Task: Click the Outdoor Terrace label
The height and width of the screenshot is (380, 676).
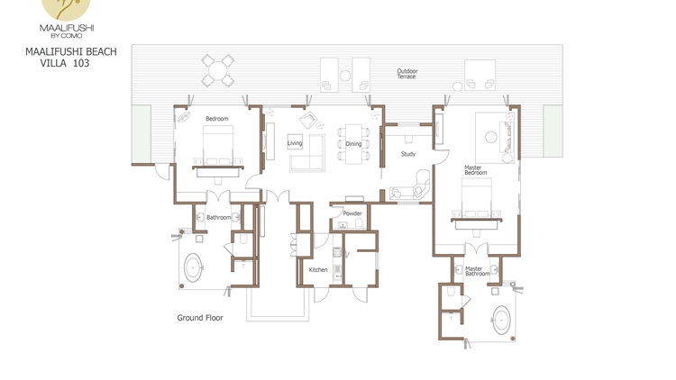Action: pyautogui.click(x=407, y=74)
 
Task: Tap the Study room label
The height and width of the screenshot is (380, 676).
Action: pyautogui.click(x=407, y=154)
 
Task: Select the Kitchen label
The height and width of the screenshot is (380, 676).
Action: pyautogui.click(x=318, y=270)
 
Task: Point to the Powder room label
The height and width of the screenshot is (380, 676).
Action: pyautogui.click(x=352, y=213)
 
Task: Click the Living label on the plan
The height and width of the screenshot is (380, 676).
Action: pyautogui.click(x=295, y=143)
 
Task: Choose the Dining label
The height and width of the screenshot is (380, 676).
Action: pyautogui.click(x=353, y=144)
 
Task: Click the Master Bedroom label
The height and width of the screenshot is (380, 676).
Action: pyautogui.click(x=476, y=170)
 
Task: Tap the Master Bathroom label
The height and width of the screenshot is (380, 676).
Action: pyautogui.click(x=477, y=271)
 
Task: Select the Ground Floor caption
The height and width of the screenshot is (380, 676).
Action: pyautogui.click(x=200, y=318)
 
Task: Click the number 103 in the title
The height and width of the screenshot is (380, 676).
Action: pyautogui.click(x=81, y=63)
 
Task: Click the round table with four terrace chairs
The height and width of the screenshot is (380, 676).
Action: pyautogui.click(x=218, y=70)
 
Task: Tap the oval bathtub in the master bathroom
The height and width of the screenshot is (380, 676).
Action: pyautogui.click(x=501, y=320)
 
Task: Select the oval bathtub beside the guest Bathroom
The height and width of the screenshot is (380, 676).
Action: pyautogui.click(x=193, y=267)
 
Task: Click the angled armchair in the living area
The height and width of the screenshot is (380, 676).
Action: pyautogui.click(x=308, y=120)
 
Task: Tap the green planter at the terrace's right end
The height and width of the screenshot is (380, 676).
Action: pyautogui.click(x=553, y=131)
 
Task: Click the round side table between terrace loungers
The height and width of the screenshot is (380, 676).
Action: pyautogui.click(x=345, y=76)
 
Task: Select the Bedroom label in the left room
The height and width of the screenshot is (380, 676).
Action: pyautogui.click(x=217, y=119)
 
